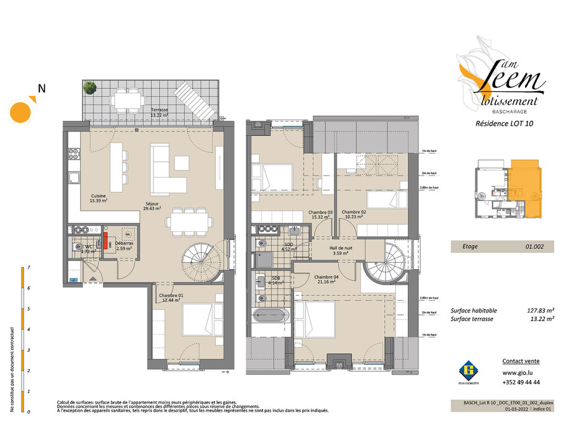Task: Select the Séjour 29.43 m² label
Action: click(153, 206)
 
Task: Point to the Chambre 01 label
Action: click(171, 298)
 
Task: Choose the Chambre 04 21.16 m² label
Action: click(325, 279)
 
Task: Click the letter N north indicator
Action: click(42, 89)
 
